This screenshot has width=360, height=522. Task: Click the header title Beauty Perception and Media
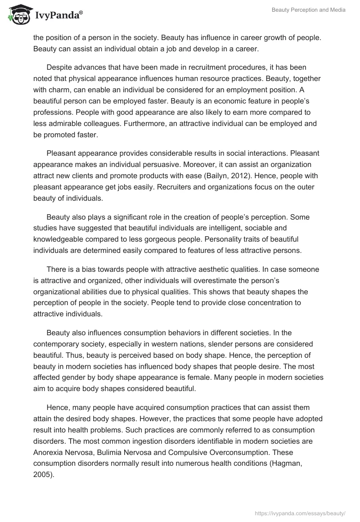tap(308, 10)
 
